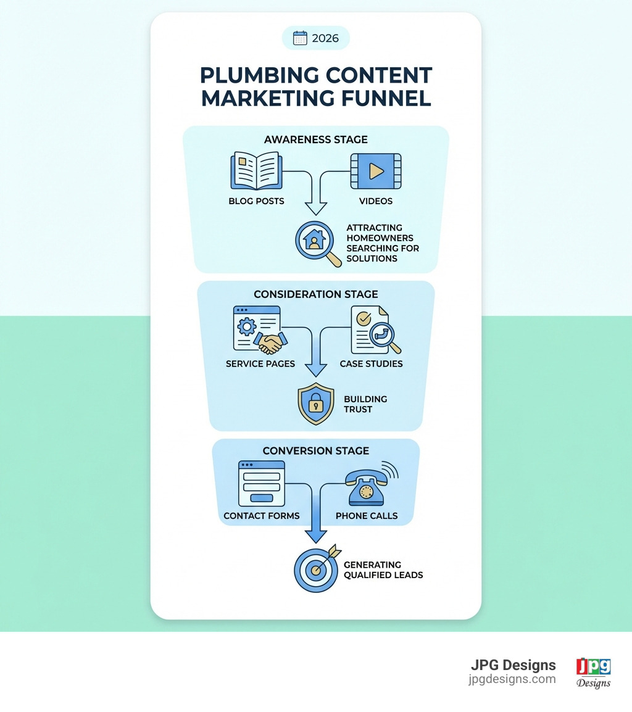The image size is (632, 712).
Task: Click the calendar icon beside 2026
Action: (x=300, y=38)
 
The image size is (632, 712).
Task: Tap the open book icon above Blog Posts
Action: (x=256, y=172)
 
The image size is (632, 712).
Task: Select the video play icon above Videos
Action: (x=376, y=171)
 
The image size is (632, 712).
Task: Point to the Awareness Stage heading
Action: (x=315, y=139)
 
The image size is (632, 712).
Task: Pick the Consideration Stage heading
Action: (x=315, y=294)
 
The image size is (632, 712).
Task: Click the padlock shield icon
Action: (x=315, y=404)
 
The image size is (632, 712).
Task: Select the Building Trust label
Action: (x=365, y=404)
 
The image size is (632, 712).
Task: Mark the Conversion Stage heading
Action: (x=315, y=451)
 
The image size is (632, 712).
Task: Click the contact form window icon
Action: (x=262, y=483)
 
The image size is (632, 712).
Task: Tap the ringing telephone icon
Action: (x=369, y=483)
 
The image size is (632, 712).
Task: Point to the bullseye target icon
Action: (x=315, y=569)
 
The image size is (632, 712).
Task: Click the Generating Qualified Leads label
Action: (x=383, y=569)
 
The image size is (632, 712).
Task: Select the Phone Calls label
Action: (x=367, y=516)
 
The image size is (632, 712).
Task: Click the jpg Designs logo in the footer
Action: (x=593, y=672)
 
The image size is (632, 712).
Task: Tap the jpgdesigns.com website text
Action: (x=512, y=679)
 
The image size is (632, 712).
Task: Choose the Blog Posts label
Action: (x=256, y=201)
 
